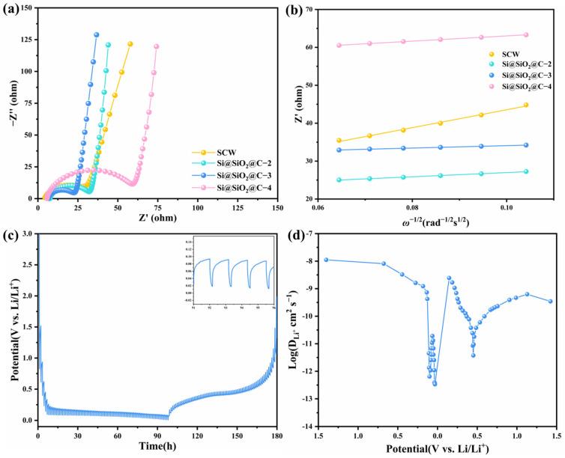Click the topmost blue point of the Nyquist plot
coord(97,34)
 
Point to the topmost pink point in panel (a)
coord(157,46)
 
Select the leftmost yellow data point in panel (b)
coord(339,141)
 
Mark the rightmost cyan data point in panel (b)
coord(526,171)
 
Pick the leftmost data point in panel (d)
coord(326,260)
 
